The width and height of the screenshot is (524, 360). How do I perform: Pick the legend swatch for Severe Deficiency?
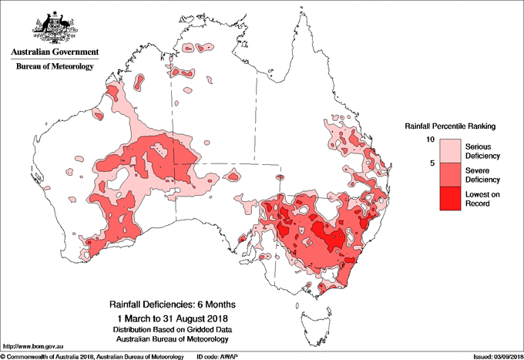pos(449,174)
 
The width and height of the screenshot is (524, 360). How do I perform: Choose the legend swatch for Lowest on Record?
pos(449,198)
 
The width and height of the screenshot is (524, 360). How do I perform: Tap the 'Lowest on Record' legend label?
pos(483,198)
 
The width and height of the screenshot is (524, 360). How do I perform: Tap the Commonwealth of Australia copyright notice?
pos(92,356)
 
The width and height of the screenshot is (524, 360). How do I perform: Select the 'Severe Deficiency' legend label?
pos(483,174)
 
